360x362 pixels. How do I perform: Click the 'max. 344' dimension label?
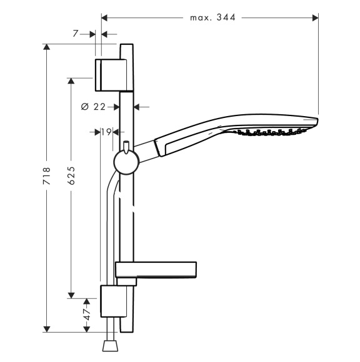coord(212,17)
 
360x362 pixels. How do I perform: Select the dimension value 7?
coord(76,34)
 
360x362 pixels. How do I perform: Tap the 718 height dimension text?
coord(46,175)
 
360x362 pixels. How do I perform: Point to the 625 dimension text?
coord(71,175)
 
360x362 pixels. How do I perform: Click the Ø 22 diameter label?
coord(93,107)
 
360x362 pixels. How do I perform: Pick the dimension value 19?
coord(106,132)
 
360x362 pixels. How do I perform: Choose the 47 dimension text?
coord(87,315)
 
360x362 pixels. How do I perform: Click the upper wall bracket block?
coord(111,75)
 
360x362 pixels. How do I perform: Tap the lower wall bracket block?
coord(114,301)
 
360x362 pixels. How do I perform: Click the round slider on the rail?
coord(126,162)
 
